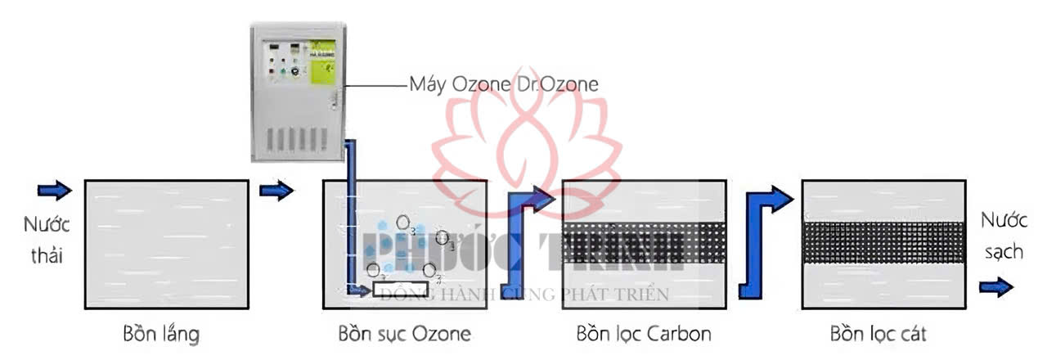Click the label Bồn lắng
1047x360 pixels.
click(161, 334)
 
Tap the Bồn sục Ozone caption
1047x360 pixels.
click(404, 334)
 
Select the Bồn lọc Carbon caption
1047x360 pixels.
click(643, 334)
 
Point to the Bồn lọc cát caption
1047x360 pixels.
click(878, 334)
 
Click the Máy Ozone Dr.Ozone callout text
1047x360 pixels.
click(504, 83)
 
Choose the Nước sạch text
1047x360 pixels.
click(1002, 236)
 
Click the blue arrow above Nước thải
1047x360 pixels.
click(54, 191)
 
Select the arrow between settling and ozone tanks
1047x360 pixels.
click(276, 191)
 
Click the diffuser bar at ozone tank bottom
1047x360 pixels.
click(404, 289)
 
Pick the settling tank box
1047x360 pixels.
click(166, 244)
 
